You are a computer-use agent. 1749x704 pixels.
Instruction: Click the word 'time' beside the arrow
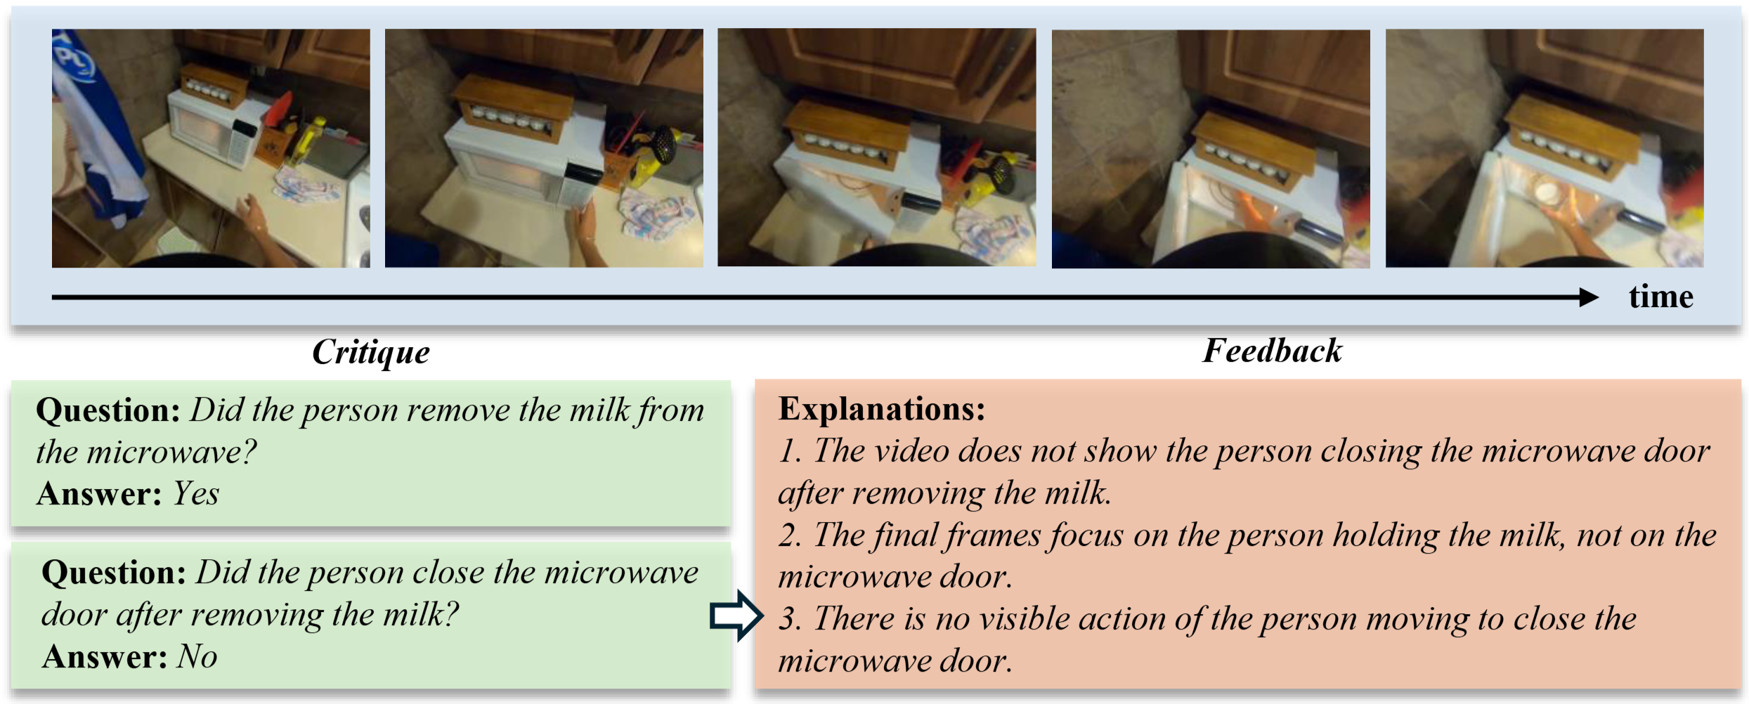pyautogui.click(x=1660, y=297)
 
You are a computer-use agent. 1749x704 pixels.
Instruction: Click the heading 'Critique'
pyautogui.click(x=370, y=352)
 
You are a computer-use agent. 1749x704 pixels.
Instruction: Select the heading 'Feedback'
pyautogui.click(x=1272, y=351)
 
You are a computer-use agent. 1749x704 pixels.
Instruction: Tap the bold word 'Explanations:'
pyautogui.click(x=881, y=408)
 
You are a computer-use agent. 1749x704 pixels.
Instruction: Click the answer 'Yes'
pyautogui.click(x=196, y=493)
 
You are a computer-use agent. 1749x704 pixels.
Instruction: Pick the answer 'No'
pyautogui.click(x=197, y=657)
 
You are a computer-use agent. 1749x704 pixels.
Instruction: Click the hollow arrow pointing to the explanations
pyautogui.click(x=736, y=615)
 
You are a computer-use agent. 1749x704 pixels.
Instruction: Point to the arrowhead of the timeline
pyautogui.click(x=1589, y=297)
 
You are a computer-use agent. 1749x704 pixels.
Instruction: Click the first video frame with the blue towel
pyautogui.click(x=211, y=148)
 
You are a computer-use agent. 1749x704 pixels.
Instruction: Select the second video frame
pyautogui.click(x=544, y=148)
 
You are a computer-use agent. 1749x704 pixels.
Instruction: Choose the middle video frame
pyautogui.click(x=877, y=148)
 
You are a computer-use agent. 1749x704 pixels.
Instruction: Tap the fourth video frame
pyautogui.click(x=1211, y=149)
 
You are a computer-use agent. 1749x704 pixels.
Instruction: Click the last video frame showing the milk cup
pyautogui.click(x=1545, y=148)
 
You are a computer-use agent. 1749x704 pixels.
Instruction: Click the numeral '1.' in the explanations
pyautogui.click(x=790, y=451)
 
